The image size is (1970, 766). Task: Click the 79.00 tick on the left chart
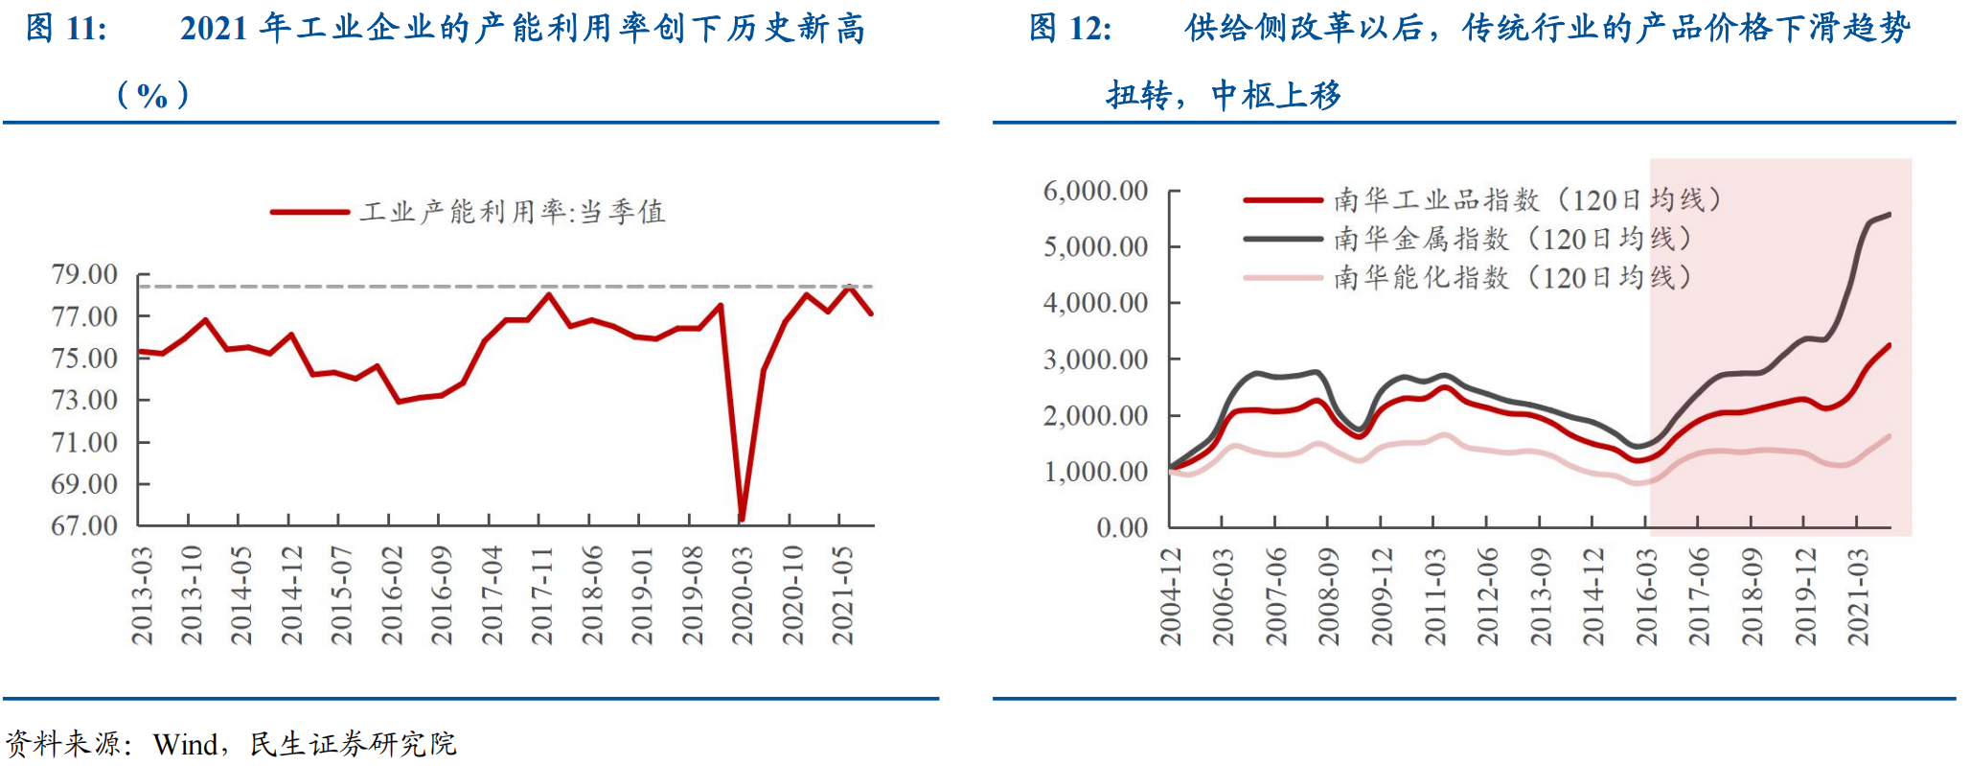84,275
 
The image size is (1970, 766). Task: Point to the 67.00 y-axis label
84,525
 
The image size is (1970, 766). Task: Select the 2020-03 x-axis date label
743,595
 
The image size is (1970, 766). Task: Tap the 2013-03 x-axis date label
142,595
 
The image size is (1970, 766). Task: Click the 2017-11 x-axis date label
542,595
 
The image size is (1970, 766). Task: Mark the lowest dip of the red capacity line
742,519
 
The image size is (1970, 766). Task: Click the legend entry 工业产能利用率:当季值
512,212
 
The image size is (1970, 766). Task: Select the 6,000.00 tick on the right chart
1095,192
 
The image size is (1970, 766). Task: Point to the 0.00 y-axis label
1122,527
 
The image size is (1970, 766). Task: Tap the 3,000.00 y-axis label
1095,360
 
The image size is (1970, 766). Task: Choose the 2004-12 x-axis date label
1171,596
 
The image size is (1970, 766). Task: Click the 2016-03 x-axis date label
1646,596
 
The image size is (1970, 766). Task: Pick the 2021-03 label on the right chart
1858,596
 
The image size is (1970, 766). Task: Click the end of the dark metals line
1890,214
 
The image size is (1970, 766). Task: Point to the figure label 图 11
66,29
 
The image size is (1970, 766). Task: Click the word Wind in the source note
186,744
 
